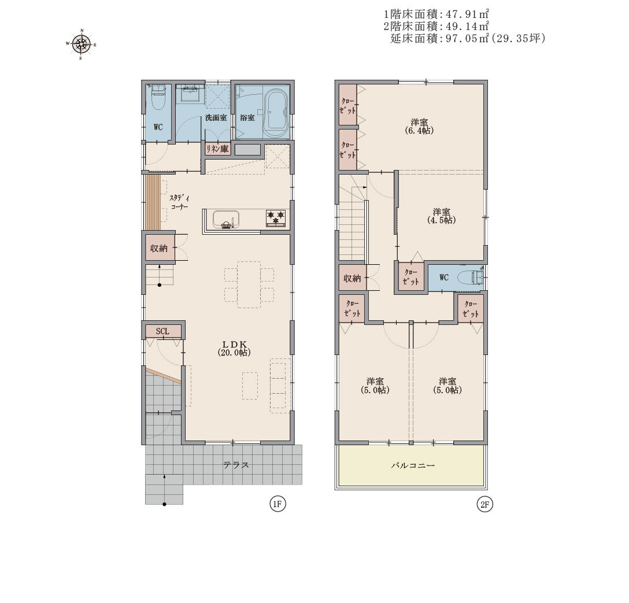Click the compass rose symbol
82,44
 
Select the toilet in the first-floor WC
158,98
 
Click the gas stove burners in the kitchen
276,218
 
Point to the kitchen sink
226,219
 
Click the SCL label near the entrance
162,331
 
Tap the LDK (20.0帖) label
234,348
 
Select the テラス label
236,465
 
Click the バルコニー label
413,466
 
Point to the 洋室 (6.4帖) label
419,127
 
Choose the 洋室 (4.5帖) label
441,216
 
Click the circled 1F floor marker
277,504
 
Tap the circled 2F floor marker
484,504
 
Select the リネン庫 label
217,149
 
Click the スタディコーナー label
179,202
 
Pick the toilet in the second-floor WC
471,277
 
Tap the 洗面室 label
216,118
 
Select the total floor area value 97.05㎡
468,39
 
